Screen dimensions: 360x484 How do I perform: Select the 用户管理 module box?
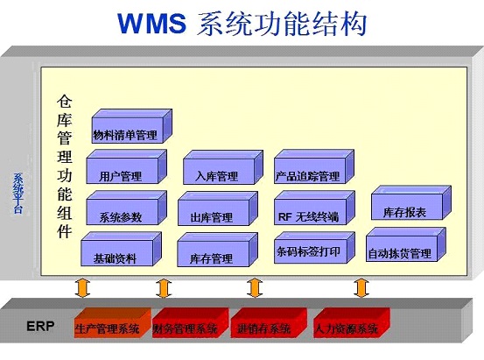tap(120, 175)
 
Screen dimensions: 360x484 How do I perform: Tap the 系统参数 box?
tap(120, 216)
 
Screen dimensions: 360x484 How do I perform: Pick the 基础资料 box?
tap(115, 258)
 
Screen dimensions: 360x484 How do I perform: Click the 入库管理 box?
tap(216, 175)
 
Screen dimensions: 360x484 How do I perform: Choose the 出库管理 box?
tap(211, 216)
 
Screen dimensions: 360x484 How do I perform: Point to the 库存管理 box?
tap(210, 258)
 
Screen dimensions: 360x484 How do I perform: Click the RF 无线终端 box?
tap(308, 216)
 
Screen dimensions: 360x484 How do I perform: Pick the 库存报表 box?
tap(404, 211)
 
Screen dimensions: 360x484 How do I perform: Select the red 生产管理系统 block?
tap(107, 328)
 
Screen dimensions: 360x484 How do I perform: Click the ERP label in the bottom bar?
tap(39, 327)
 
